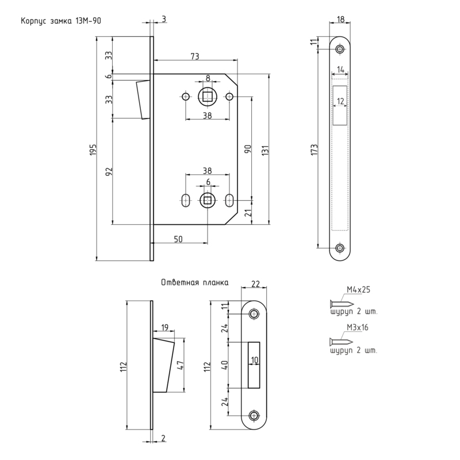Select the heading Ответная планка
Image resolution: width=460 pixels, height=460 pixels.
coord(195,283)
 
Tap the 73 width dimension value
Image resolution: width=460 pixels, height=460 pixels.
coord(194,56)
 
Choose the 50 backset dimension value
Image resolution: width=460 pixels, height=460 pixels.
coord(178,239)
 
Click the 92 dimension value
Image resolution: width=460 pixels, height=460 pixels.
coord(109,171)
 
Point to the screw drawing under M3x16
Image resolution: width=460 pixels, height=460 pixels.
coord(341,342)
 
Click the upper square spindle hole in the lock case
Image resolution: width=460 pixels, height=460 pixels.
coord(207,96)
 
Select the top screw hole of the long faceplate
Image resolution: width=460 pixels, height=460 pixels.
coord(340,49)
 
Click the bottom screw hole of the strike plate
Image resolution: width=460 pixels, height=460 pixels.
coord(253,415)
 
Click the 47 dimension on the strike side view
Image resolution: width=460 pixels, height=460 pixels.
coord(179,365)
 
